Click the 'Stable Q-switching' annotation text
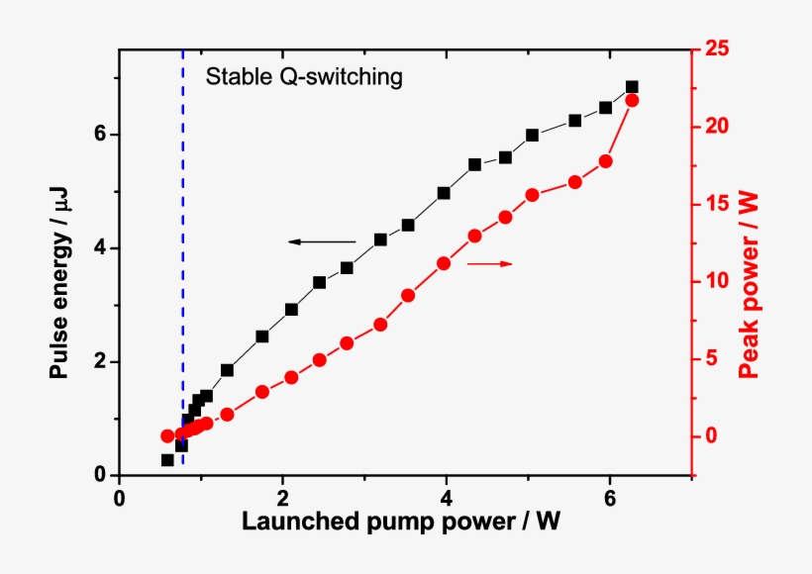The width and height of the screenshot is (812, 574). pyautogui.click(x=303, y=77)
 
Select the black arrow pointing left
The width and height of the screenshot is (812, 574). pyautogui.click(x=322, y=240)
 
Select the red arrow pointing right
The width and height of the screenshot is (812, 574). pyautogui.click(x=490, y=263)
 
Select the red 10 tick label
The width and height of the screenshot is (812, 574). pyautogui.click(x=717, y=281)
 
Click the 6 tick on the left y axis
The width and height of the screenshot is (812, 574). pyautogui.click(x=100, y=135)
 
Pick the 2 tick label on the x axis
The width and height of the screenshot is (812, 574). pyautogui.click(x=283, y=496)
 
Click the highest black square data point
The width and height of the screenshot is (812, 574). pyautogui.click(x=632, y=87)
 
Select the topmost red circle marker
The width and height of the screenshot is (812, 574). pyautogui.click(x=632, y=100)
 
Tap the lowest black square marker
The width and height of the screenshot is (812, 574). pyautogui.click(x=167, y=460)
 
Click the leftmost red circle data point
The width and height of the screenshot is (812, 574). pyautogui.click(x=167, y=436)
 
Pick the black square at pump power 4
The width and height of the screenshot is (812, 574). pyautogui.click(x=444, y=193)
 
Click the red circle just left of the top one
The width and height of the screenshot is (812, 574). pyautogui.click(x=606, y=161)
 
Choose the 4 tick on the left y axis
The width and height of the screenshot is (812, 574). pyautogui.click(x=100, y=248)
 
